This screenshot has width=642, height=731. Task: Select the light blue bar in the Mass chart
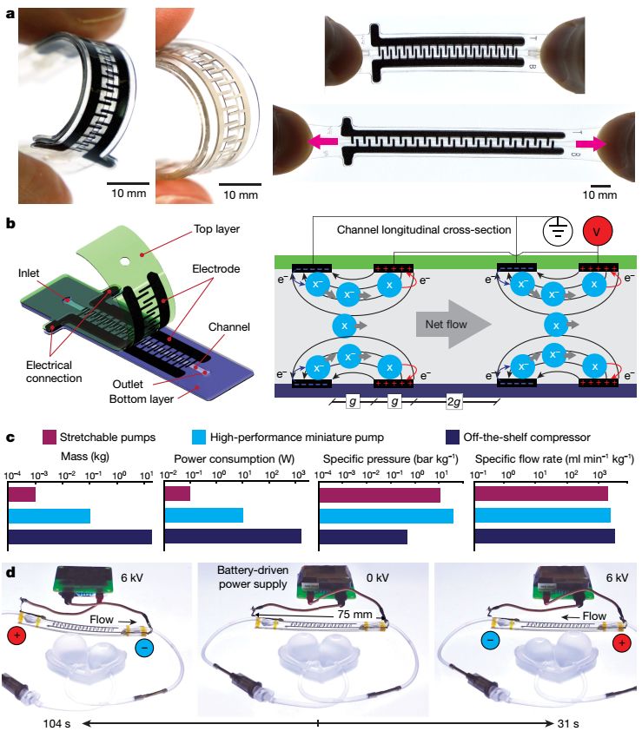pos(49,516)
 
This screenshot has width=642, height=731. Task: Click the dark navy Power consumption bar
pos(232,537)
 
